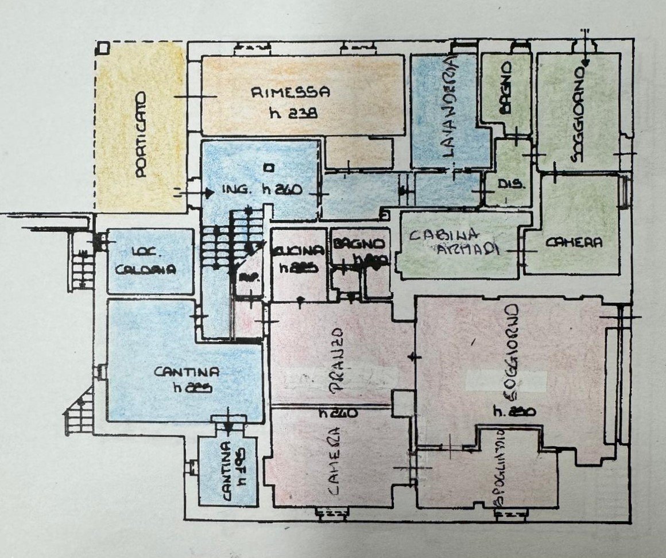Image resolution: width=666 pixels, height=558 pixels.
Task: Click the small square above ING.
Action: tap(266, 168)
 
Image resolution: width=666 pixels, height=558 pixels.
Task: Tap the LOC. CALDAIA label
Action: tap(144, 262)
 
